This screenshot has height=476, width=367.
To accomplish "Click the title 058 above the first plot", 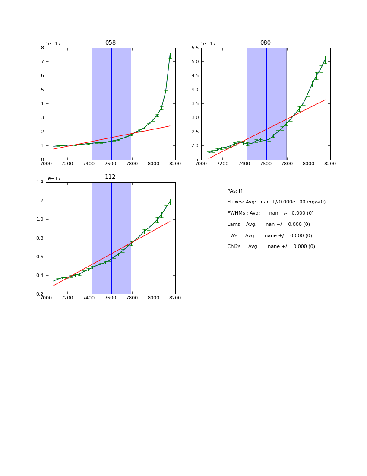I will (x=111, y=43).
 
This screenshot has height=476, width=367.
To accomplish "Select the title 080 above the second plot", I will (x=266, y=43).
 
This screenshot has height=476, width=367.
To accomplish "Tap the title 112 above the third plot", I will (x=111, y=177).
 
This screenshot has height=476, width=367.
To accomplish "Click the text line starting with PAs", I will (x=235, y=191).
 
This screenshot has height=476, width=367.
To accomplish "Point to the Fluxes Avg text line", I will (x=276, y=202).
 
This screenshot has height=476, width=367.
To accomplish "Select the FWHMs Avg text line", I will (x=270, y=213).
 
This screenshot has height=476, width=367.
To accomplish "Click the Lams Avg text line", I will (x=269, y=225).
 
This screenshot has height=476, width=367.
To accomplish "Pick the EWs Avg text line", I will (x=269, y=236).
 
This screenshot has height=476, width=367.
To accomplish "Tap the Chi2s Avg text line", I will (x=271, y=247).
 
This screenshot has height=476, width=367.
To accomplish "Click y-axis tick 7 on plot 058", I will (x=42, y=62).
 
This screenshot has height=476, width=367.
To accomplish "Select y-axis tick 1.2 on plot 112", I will (x=39, y=201).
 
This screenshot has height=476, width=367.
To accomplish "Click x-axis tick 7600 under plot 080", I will (x=266, y=164).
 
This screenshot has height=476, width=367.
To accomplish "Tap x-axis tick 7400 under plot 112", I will (x=89, y=298).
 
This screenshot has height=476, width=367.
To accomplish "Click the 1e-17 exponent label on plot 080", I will (x=208, y=44).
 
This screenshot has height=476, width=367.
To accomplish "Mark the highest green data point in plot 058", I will (x=170, y=56).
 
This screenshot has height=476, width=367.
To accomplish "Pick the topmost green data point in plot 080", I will (x=325, y=59).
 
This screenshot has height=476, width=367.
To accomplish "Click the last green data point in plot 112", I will (x=170, y=202).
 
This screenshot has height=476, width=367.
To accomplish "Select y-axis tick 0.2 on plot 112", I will (x=39, y=294).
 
